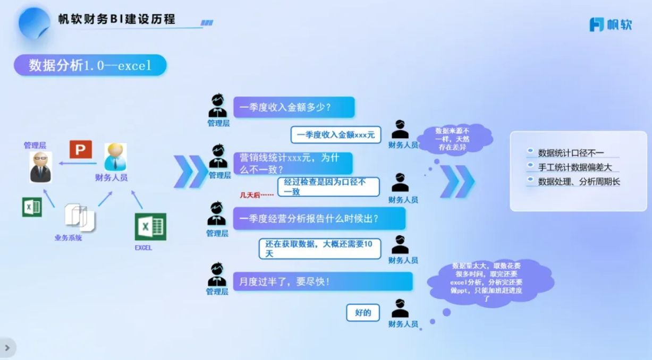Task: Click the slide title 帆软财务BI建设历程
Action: click(117, 20)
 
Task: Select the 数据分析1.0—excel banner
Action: click(90, 65)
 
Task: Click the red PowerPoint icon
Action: click(81, 150)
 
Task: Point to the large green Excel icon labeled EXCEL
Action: click(150, 227)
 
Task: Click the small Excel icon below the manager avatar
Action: click(32, 207)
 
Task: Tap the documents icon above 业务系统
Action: click(79, 217)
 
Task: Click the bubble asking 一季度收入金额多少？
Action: click(294, 107)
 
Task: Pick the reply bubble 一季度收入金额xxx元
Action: click(336, 135)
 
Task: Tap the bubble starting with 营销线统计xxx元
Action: click(293, 163)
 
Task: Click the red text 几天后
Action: click(256, 195)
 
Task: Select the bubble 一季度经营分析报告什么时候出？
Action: click(319, 218)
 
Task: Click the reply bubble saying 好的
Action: click(363, 312)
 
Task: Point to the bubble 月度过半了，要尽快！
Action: click(323, 281)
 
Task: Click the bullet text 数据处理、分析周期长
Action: click(579, 182)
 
